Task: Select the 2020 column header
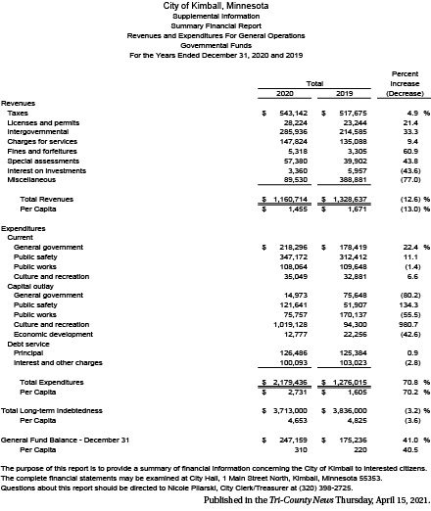285,92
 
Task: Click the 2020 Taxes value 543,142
291,114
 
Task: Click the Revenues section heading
21,103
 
